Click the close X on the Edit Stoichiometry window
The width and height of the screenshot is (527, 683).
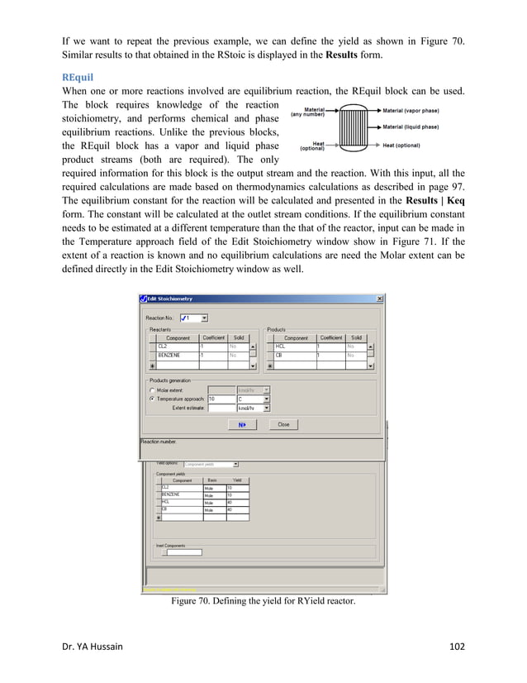379,299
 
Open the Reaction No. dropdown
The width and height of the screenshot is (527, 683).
204,318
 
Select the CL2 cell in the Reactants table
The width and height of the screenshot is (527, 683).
177,346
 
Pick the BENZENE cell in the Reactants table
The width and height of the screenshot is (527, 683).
177,356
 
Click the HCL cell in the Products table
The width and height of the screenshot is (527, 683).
295,346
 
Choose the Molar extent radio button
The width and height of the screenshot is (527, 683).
152,389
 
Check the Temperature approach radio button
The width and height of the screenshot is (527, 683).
152,399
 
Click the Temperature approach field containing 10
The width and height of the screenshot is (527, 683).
221,399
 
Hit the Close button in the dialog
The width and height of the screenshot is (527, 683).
283,424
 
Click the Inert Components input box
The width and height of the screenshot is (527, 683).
183,552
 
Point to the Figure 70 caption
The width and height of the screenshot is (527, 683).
263,600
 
